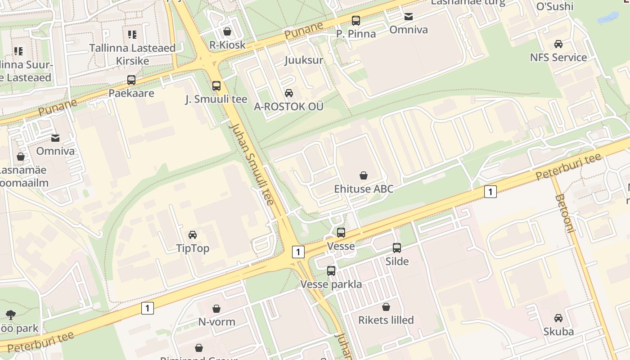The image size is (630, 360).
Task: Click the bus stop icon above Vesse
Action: [341, 233]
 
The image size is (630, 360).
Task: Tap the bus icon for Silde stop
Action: [397, 248]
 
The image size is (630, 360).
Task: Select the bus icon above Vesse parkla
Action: [331, 271]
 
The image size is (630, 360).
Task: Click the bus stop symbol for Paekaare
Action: [131, 80]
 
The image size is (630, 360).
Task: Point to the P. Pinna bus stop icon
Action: [356, 20]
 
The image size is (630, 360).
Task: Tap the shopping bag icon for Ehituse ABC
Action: [364, 175]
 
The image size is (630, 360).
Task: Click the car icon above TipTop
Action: [193, 235]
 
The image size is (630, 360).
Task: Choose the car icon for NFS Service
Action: [558, 44]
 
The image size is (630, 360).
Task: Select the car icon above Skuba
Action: [558, 318]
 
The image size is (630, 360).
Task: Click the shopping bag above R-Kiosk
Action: [227, 31]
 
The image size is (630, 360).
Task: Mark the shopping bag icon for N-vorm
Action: [216, 309]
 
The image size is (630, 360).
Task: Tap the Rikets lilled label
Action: [386, 320]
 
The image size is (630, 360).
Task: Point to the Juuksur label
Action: [304, 60]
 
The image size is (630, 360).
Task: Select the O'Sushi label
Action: [555, 6]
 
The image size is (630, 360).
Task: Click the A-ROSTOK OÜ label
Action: [288, 107]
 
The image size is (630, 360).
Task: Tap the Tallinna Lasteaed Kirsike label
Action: [132, 54]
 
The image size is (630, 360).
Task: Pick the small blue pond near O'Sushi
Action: [608, 18]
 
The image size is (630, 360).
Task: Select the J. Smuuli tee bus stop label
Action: [216, 99]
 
